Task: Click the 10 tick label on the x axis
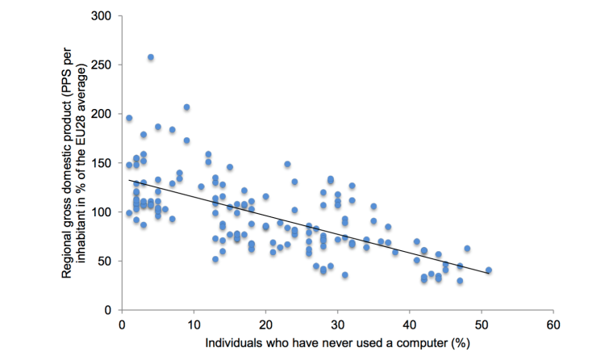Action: point(193,325)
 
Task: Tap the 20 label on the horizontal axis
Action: point(265,325)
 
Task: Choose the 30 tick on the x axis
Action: point(337,325)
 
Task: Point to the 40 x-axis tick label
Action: point(409,325)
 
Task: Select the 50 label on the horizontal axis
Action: point(482,325)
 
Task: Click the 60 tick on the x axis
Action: point(553,325)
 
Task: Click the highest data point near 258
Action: point(151,57)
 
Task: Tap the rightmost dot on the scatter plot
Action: point(489,270)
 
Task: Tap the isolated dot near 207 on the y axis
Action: point(186,107)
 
